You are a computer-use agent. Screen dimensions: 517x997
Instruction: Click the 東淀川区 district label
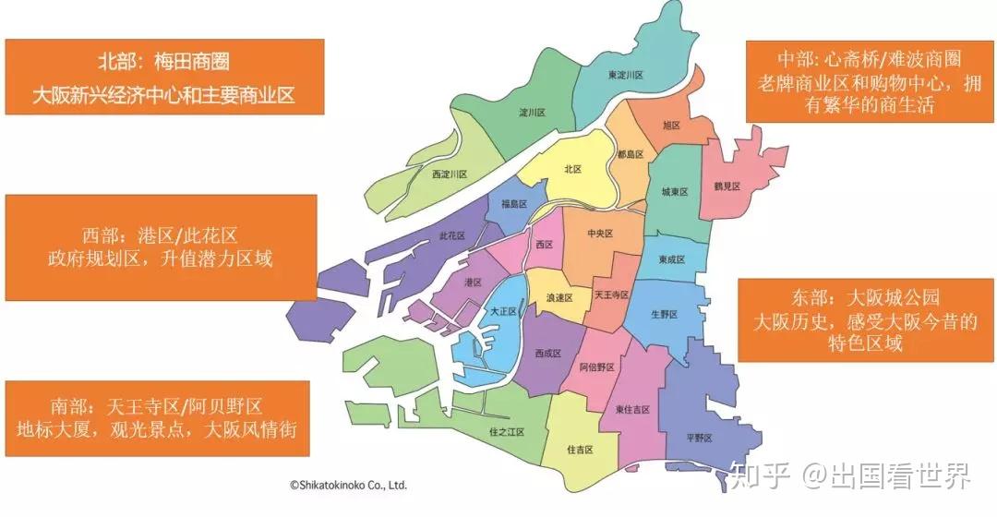[x=626, y=75]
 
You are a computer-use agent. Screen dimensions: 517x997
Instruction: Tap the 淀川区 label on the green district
[x=532, y=114]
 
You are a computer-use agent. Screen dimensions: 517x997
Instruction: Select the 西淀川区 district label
[x=450, y=174]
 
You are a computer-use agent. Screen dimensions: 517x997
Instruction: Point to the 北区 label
[x=572, y=169]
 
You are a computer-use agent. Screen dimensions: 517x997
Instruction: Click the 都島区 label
[x=631, y=155]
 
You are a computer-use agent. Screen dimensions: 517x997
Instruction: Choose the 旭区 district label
[x=671, y=125]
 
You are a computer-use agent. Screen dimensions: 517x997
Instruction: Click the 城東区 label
[x=674, y=192]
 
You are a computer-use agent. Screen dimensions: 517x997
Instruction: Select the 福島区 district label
[x=513, y=204]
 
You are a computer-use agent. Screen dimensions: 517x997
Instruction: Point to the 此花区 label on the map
[x=457, y=236]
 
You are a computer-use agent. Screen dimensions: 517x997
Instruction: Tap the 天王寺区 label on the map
[x=610, y=295]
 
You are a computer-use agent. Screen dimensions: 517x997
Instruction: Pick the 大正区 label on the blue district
[x=505, y=312]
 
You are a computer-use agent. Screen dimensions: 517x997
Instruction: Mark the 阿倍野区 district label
[x=596, y=367]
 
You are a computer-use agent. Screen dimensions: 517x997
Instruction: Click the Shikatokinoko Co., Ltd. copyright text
[x=348, y=484]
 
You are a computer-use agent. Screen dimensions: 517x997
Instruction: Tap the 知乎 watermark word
[x=761, y=476]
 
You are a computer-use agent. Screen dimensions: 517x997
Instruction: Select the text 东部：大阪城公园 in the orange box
[x=865, y=298]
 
